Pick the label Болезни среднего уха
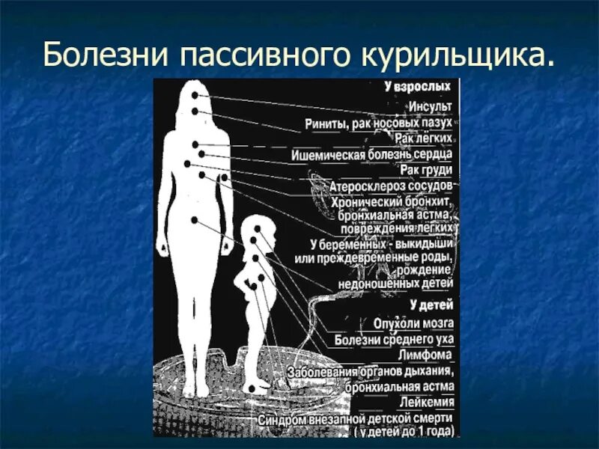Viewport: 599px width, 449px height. pos(394,339)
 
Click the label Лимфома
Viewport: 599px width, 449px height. pos(425,355)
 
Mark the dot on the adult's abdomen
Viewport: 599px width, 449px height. pos(194,220)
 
